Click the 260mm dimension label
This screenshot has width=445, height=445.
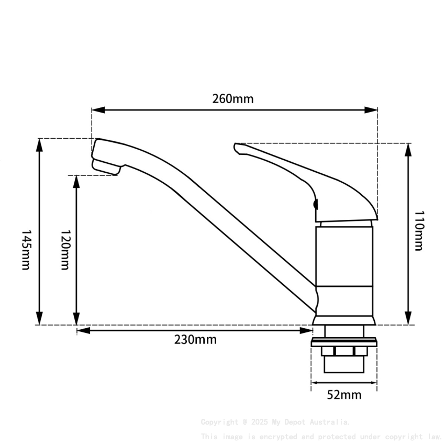[x=232, y=98]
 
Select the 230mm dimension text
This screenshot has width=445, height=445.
[x=195, y=340]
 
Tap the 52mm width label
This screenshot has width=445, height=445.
[x=344, y=395]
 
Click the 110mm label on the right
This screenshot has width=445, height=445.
[x=418, y=231]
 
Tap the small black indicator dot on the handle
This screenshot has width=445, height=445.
[x=315, y=205]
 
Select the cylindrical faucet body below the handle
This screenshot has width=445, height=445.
[x=344, y=257]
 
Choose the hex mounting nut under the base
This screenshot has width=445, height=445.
[x=344, y=350]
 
